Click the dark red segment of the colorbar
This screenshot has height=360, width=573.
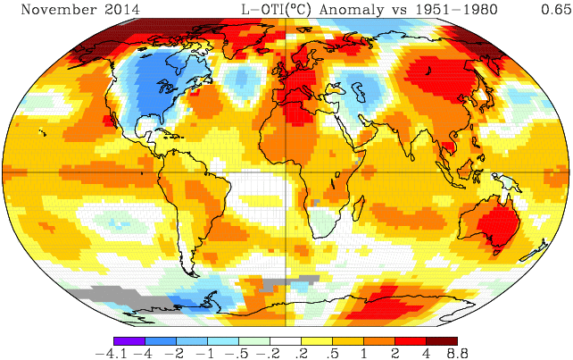pyautogui.click(x=441, y=340)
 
